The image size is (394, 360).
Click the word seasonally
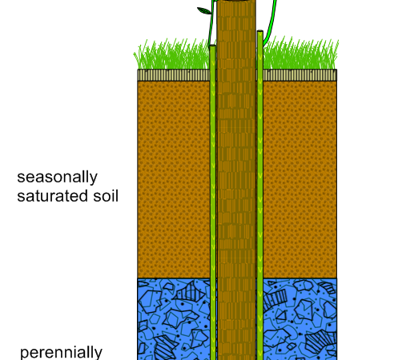(57, 178)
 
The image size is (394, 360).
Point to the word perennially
(61, 353)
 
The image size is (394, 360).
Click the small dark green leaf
(204, 10)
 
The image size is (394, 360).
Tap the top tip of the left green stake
(212, 46)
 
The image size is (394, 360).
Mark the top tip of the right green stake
(260, 31)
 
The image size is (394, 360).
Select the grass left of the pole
(172, 54)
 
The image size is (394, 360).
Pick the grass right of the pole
(300, 54)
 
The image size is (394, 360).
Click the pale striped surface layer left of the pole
(174, 75)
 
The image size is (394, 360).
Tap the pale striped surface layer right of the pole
(300, 75)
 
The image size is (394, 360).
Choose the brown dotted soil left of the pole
(174, 179)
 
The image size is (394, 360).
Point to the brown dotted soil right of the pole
(300, 179)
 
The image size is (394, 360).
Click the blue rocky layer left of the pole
(174, 319)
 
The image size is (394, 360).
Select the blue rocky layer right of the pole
(300, 319)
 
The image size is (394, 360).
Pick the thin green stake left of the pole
(213, 202)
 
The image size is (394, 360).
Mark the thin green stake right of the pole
(260, 194)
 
